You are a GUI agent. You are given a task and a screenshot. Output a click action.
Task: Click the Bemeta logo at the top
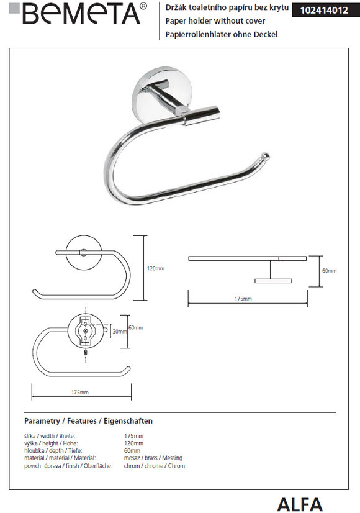78,14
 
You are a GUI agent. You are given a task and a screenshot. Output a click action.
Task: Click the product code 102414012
324,10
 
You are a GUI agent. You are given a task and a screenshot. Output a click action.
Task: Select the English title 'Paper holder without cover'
215,21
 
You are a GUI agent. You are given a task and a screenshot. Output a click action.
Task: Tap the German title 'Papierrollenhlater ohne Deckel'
222,34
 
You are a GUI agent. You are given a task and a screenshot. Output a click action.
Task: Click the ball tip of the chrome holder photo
266,156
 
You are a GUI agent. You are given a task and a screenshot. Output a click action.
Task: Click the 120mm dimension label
156,268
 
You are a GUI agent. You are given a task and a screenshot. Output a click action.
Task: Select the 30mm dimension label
120,332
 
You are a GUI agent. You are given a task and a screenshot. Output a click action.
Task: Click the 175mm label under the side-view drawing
243,299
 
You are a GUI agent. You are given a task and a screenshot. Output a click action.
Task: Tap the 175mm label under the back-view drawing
80,392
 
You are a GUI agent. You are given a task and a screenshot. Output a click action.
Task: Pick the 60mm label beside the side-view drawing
329,271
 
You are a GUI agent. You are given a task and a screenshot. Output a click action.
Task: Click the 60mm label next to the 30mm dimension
136,327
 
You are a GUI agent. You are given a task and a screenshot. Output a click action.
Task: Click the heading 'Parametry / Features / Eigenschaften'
88,420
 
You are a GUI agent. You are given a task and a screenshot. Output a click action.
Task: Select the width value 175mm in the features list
133,436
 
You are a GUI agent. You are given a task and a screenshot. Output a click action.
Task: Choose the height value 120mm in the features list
133,443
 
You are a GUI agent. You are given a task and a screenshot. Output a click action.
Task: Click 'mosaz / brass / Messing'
153,458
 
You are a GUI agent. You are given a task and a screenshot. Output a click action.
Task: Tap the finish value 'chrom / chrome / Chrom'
155,466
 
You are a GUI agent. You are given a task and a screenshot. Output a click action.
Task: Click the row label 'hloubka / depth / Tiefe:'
53,451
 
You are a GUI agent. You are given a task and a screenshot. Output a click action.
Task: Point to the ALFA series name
300,504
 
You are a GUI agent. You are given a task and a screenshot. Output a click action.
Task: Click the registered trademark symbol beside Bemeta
143,6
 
